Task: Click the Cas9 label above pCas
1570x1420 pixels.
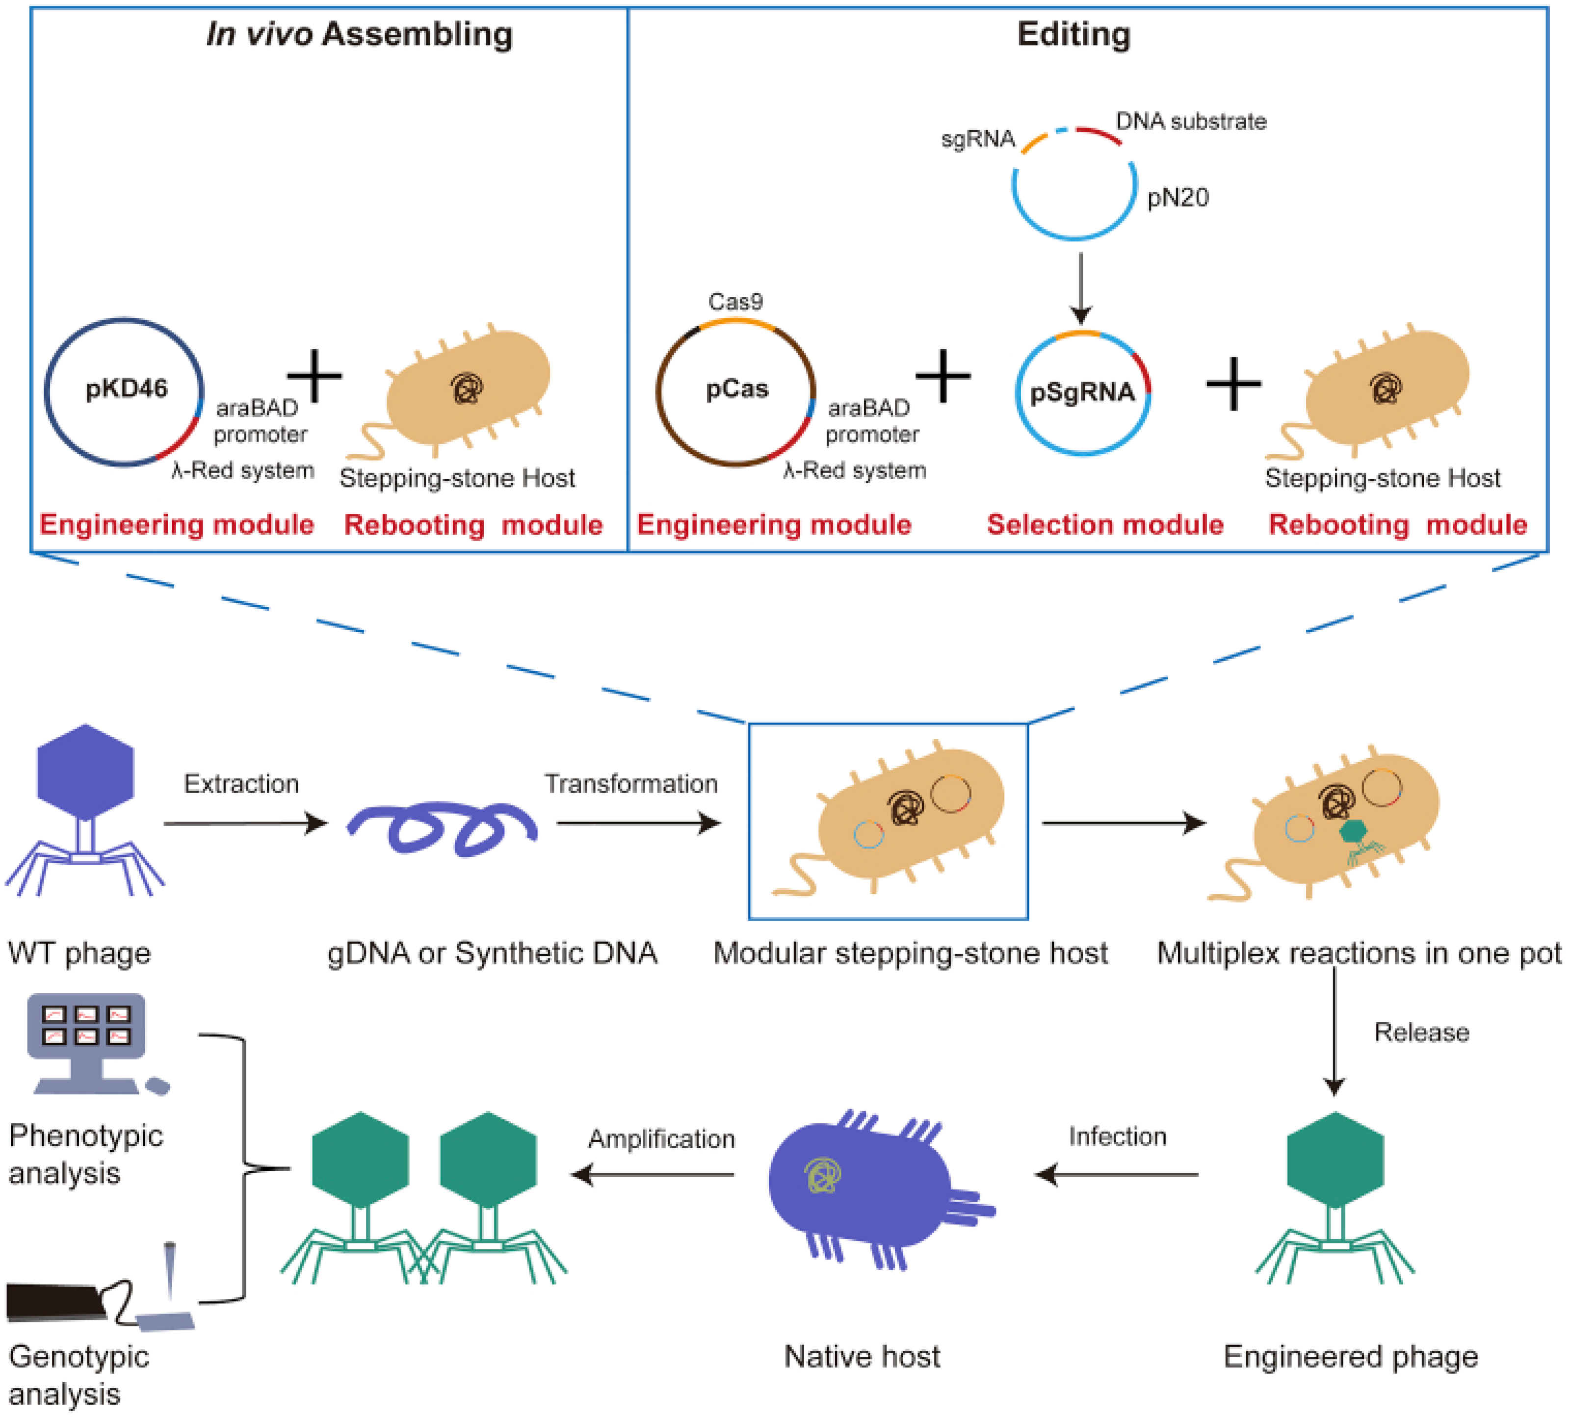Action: coord(734,301)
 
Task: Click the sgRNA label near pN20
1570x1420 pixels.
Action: coord(977,139)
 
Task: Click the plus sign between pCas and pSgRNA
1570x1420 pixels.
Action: coord(942,376)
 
